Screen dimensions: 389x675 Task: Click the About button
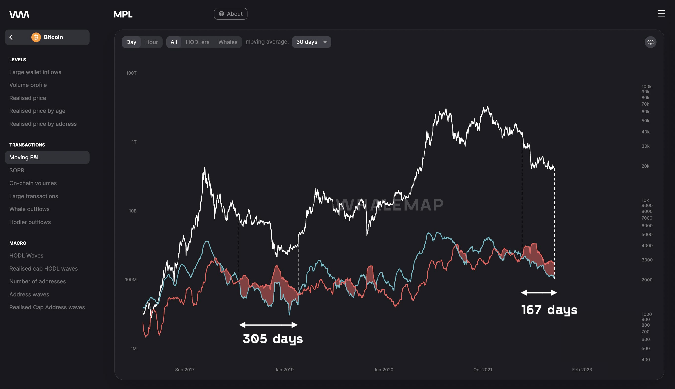230,14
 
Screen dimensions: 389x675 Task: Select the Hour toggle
151,42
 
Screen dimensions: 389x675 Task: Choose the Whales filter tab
227,42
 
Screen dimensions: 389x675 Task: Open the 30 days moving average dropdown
311,42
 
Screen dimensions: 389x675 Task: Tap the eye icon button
650,42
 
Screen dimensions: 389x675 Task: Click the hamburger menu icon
661,14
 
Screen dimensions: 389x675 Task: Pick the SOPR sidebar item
17,170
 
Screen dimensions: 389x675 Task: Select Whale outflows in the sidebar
29,209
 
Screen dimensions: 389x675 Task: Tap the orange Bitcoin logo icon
36,37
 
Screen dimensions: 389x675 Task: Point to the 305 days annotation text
272,339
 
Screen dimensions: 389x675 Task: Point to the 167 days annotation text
549,310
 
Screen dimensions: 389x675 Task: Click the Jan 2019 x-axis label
284,370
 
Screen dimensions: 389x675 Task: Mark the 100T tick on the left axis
131,73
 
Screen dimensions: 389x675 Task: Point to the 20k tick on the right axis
645,166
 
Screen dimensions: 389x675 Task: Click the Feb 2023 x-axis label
582,370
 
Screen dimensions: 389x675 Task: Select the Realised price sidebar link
28,98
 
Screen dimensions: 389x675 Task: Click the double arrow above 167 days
539,293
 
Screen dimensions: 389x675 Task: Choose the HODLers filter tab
198,42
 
